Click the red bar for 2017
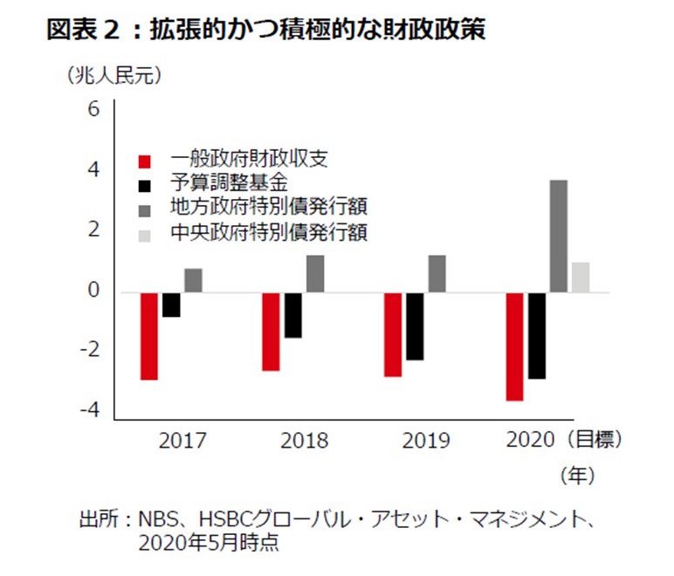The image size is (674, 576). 149,336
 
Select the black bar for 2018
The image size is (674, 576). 292,315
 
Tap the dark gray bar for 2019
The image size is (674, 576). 437,273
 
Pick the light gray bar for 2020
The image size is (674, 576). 580,277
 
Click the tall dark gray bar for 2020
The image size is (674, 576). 558,236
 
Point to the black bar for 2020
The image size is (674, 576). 537,335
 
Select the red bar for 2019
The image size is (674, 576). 393,334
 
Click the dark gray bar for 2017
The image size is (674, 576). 193,280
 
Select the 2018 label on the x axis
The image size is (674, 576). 305,441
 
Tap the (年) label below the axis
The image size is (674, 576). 577,476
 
